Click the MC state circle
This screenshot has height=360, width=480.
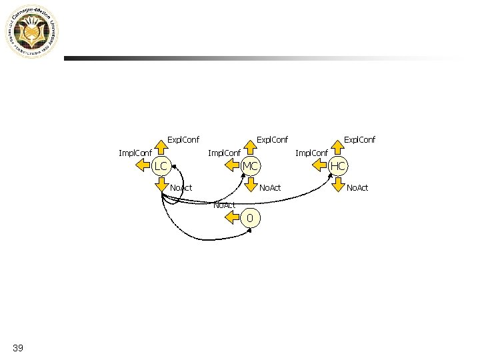(251, 165)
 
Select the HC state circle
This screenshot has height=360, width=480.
(338, 165)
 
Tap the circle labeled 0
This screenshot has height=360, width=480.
(250, 218)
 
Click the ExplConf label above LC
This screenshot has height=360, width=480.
(183, 139)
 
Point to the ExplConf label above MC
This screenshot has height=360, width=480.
(273, 139)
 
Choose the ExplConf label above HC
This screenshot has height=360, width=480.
(359, 139)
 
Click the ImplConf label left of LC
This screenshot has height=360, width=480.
(135, 153)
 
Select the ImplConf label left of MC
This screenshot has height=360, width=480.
(224, 153)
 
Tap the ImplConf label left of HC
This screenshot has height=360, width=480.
(311, 153)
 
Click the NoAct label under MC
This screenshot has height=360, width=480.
(270, 188)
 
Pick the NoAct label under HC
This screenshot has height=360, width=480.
(357, 188)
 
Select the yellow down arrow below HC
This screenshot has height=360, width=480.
(338, 185)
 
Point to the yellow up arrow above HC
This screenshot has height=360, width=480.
(338, 145)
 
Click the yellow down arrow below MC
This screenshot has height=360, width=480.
(251, 185)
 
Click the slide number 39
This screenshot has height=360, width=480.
(18, 347)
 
